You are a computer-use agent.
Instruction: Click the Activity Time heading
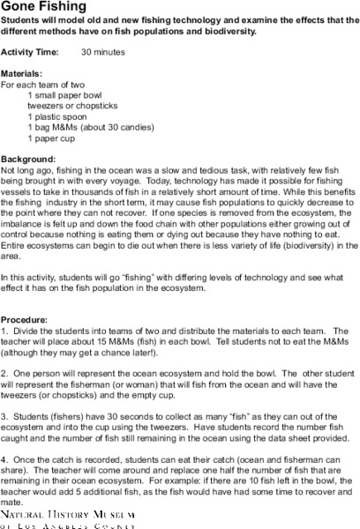31,53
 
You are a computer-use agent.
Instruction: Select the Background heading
29,156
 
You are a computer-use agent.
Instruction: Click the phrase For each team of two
43,85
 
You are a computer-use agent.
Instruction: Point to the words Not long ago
26,168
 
